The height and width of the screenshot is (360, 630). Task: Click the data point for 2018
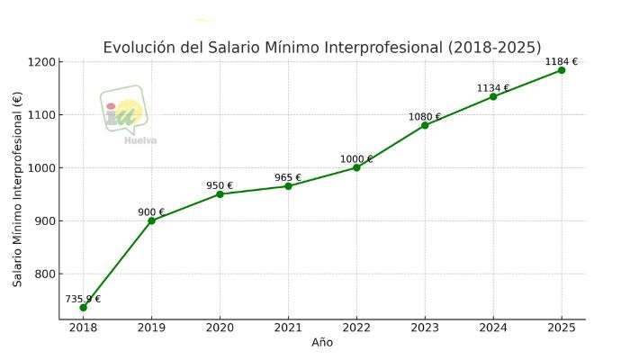click(83, 308)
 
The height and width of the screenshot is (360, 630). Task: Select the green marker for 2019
click(151, 220)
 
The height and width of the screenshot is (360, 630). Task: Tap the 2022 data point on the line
click(356, 167)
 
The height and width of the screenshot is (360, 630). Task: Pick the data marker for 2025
click(562, 70)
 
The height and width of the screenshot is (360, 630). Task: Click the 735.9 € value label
click(83, 299)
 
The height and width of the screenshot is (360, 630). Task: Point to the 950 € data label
click(220, 186)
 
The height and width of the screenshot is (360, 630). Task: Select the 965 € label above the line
click(288, 178)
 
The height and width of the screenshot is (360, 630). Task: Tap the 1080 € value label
click(425, 117)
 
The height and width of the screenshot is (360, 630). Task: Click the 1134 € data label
click(493, 88)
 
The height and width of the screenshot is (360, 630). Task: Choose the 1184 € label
click(562, 62)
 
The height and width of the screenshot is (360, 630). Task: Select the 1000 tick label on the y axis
click(41, 168)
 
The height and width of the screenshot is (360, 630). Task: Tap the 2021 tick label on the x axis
click(288, 328)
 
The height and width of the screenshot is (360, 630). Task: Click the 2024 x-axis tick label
click(493, 328)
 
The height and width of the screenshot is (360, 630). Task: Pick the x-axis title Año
click(322, 343)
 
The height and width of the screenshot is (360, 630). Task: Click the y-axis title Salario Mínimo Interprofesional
click(18, 189)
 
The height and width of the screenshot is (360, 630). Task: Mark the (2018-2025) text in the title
click(494, 48)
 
